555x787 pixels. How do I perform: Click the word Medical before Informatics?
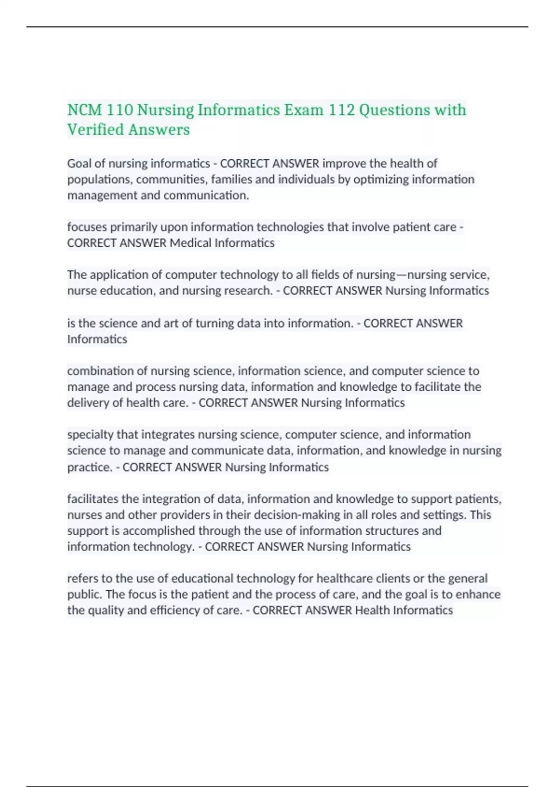pos(190,243)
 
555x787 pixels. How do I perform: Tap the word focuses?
pos(87,227)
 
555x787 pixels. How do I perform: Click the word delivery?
pos(88,403)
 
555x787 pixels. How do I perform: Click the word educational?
pos(202,579)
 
